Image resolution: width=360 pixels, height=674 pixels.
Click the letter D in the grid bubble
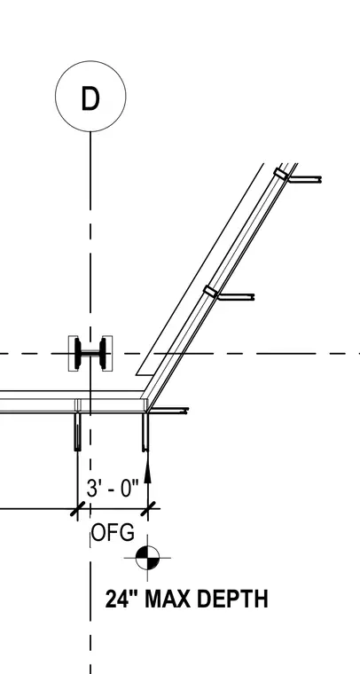click(x=90, y=98)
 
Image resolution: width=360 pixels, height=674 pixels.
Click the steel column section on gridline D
click(x=90, y=353)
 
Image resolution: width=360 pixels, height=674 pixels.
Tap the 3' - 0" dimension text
click(x=113, y=489)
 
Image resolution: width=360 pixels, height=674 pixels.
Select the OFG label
click(x=113, y=533)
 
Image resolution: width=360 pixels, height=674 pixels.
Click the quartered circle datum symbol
click(x=147, y=558)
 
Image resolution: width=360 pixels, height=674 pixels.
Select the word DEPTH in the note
click(x=233, y=600)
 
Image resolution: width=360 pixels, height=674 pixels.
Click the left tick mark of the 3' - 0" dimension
click(x=77, y=509)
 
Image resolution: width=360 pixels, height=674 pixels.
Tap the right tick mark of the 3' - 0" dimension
click(x=148, y=509)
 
